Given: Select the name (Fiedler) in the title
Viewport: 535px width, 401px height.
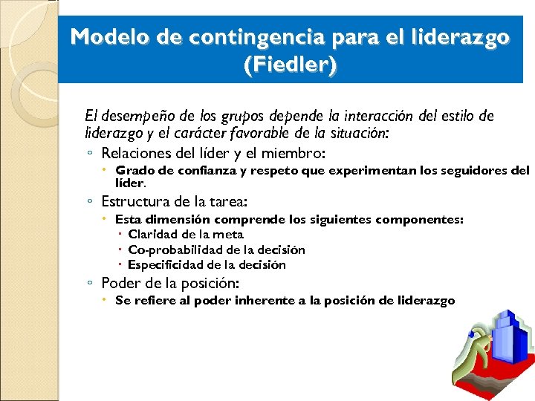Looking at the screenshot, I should point(291,66).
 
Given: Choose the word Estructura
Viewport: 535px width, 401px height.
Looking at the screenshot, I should point(134,201).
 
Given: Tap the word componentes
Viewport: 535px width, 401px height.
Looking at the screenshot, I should point(420,219).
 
